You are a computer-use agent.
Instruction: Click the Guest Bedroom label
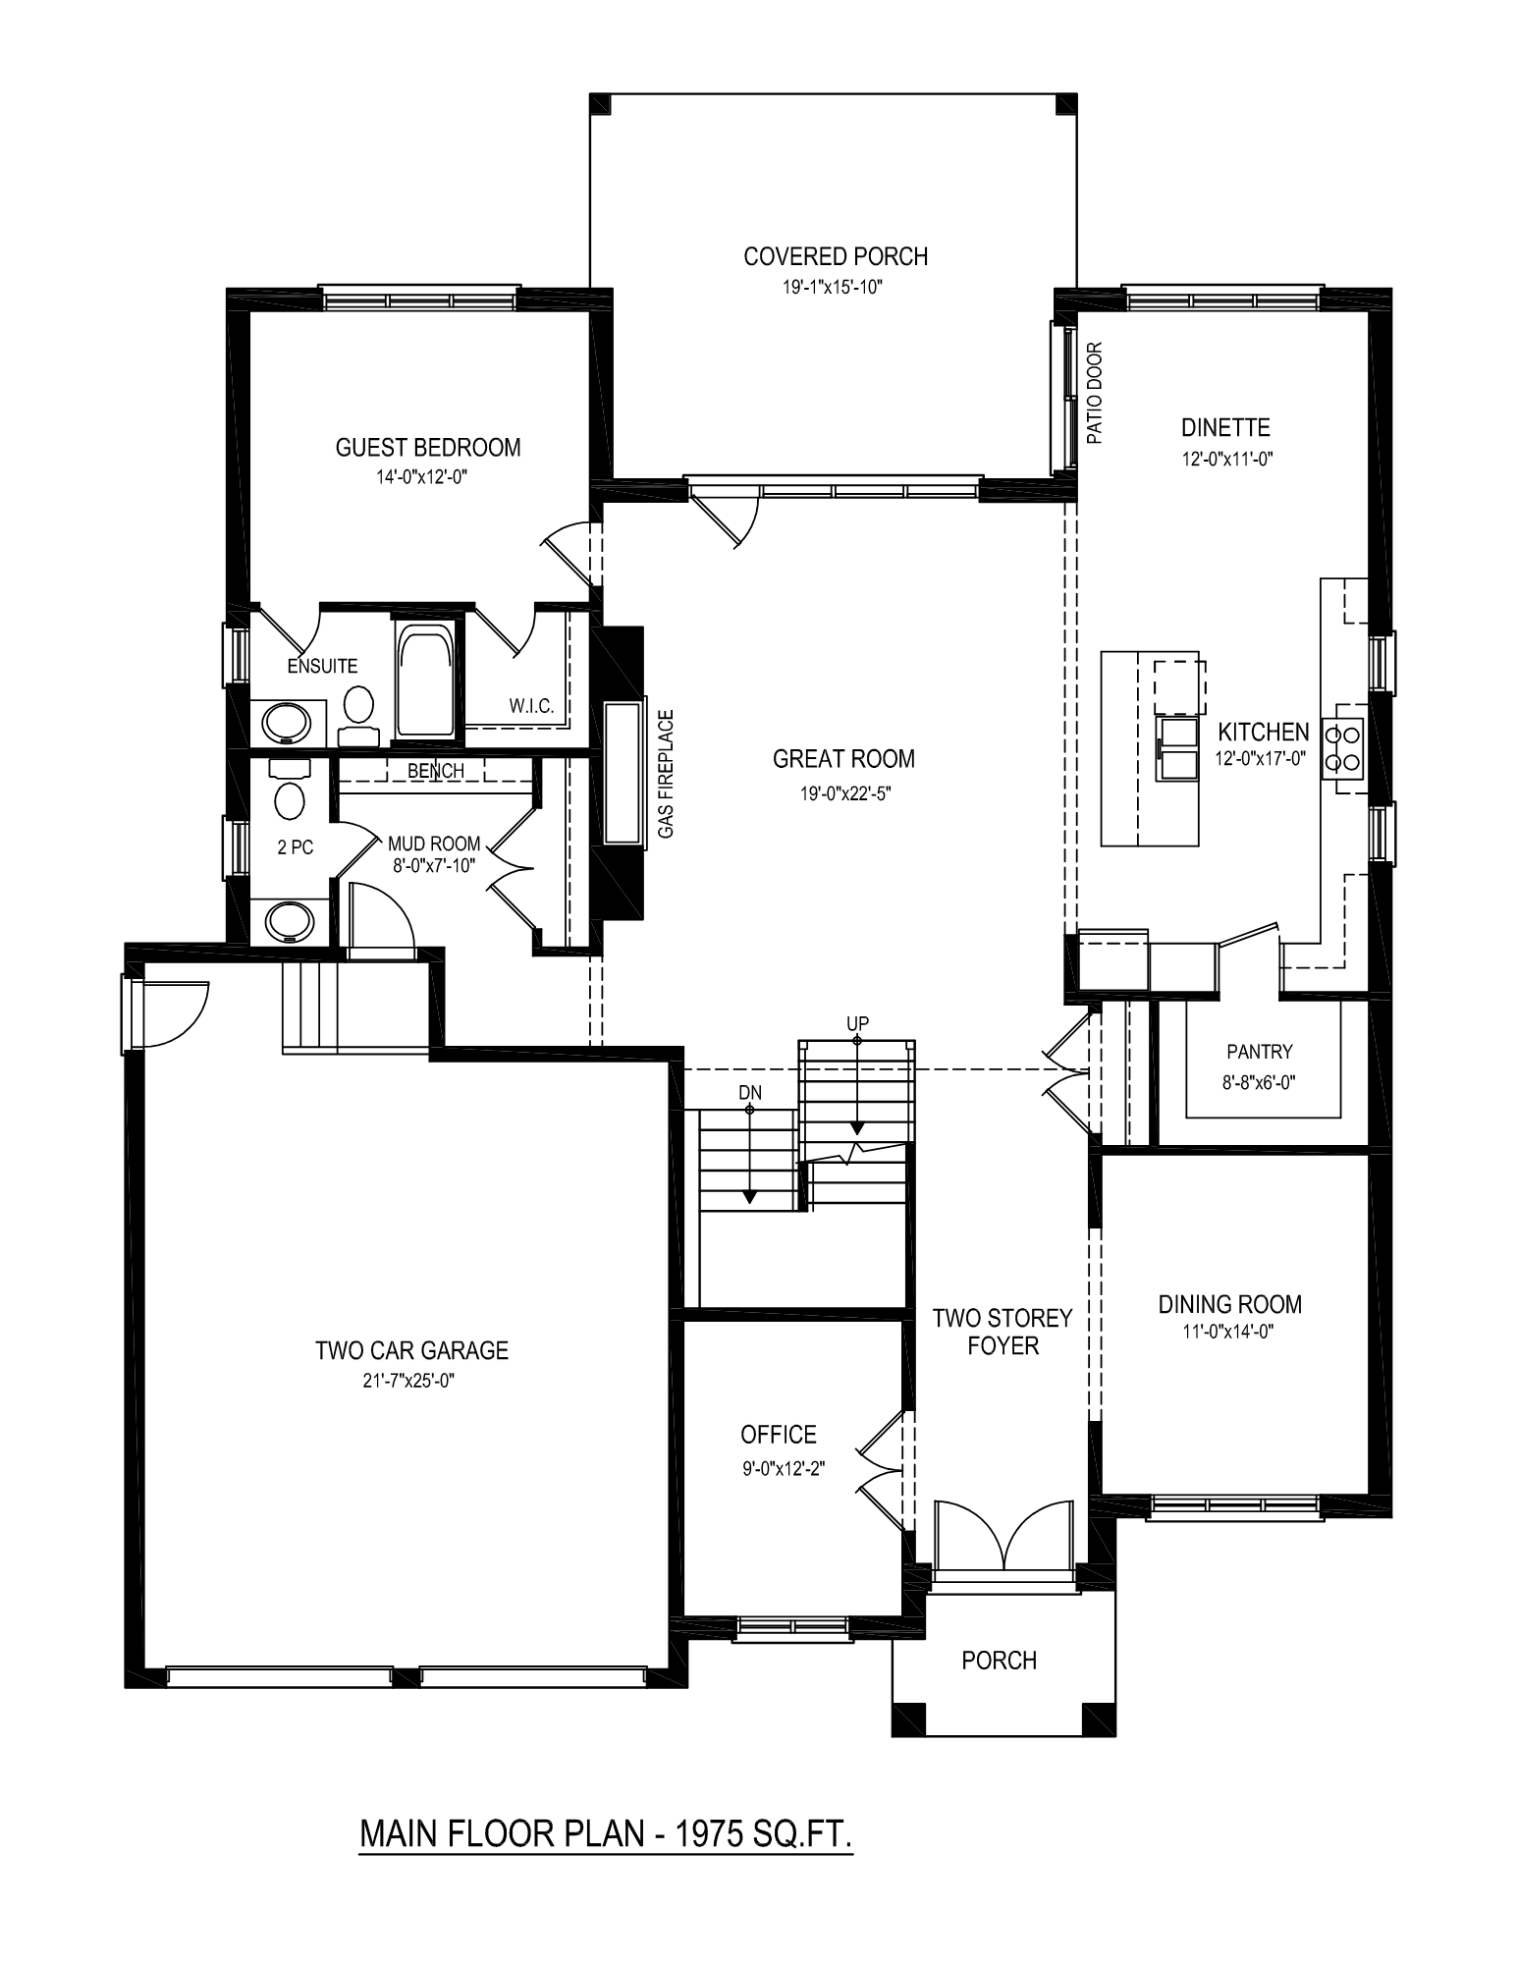428,448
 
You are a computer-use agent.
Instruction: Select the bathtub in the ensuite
425,678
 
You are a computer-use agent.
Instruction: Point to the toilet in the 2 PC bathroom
290,791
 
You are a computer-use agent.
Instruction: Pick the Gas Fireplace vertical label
667,775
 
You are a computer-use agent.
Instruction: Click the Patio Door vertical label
1096,393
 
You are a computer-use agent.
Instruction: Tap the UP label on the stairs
857,1023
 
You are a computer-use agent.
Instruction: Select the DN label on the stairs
749,1092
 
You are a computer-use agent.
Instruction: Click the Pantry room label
1260,1052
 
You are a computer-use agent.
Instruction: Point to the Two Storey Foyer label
1002,1332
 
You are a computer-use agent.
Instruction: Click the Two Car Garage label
411,1350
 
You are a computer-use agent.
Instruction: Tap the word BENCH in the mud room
436,771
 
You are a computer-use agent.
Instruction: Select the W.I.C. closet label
531,706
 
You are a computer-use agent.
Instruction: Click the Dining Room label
1230,1304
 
